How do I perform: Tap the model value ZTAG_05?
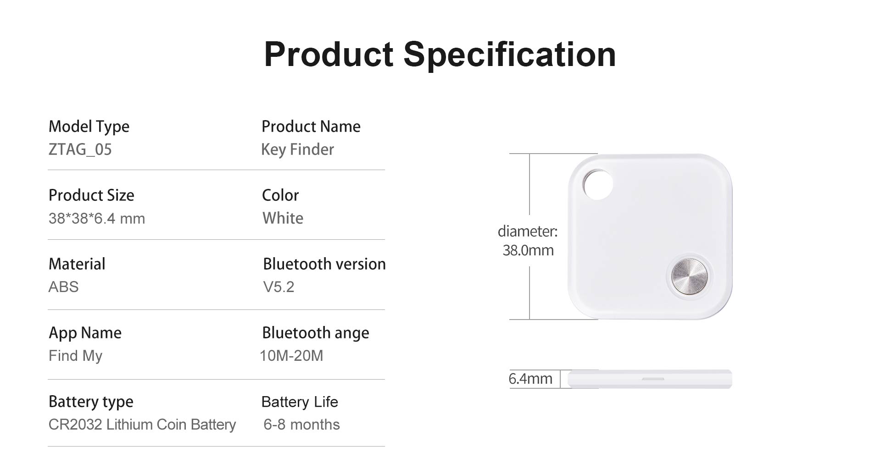click(x=80, y=149)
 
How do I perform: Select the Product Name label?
click(x=311, y=127)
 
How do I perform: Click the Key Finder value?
click(x=297, y=150)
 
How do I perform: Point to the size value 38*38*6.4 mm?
click(x=97, y=218)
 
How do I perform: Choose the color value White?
click(x=283, y=218)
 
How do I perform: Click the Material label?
click(x=77, y=264)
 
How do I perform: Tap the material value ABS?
click(x=64, y=287)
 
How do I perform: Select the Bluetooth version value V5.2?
click(x=279, y=287)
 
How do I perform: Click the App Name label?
click(x=85, y=333)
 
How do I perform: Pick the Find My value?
click(x=76, y=356)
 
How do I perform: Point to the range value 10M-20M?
click(x=291, y=356)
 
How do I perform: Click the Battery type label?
click(x=91, y=402)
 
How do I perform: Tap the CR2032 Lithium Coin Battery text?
click(x=142, y=425)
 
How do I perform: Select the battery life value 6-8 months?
click(x=301, y=425)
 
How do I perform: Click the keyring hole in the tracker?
click(x=598, y=184)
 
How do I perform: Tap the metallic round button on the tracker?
click(x=689, y=276)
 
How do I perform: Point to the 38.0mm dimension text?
click(x=528, y=250)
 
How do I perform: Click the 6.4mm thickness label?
click(x=530, y=379)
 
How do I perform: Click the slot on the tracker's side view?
click(x=653, y=379)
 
